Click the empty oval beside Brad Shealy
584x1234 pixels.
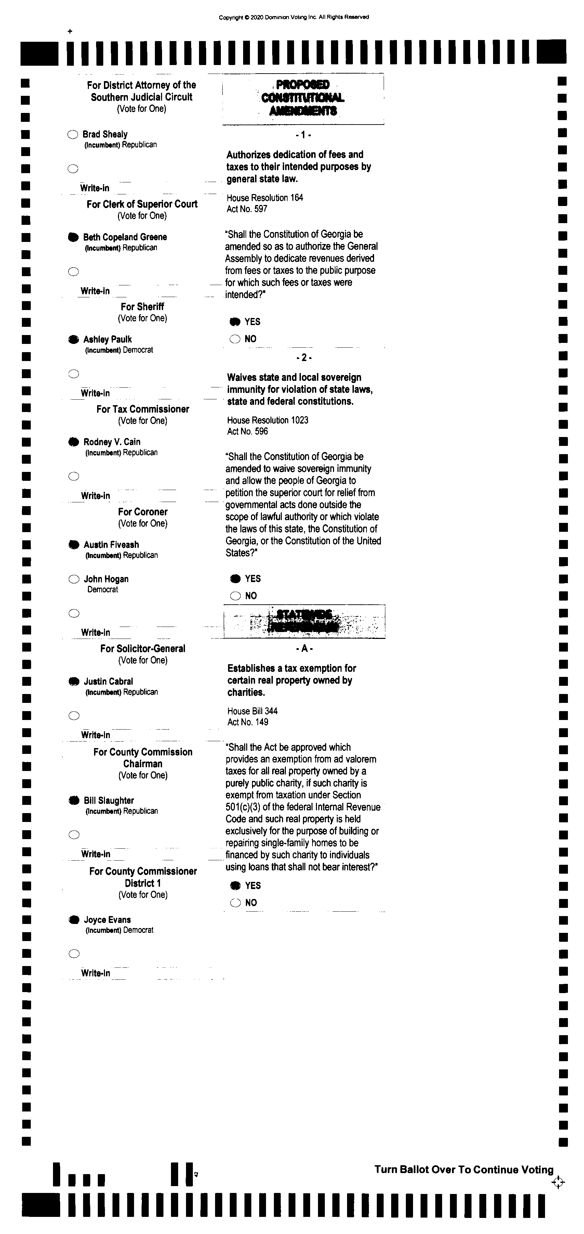coord(73,134)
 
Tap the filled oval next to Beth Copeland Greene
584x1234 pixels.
coord(73,237)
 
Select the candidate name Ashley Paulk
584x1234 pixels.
coord(107,339)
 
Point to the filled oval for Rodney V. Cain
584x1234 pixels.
coord(73,442)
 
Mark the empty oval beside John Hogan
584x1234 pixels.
coord(74,579)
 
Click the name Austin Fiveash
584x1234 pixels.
coord(111,545)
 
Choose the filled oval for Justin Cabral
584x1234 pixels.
coord(74,681)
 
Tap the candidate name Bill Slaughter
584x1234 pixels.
coord(109,800)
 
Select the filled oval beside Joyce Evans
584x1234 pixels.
coord(74,920)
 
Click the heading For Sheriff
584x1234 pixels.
coord(142,307)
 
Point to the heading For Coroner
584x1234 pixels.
coord(143,512)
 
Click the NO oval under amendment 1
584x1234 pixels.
coord(235,339)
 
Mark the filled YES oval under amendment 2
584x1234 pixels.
coord(235,579)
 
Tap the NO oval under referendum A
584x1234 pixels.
coord(235,903)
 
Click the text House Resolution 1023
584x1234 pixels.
coord(268,420)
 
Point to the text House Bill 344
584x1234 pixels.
coord(252,711)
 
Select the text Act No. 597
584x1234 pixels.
coord(247,209)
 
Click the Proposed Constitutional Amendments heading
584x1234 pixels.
coord(303,98)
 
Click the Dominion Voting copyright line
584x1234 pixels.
coord(294,17)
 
